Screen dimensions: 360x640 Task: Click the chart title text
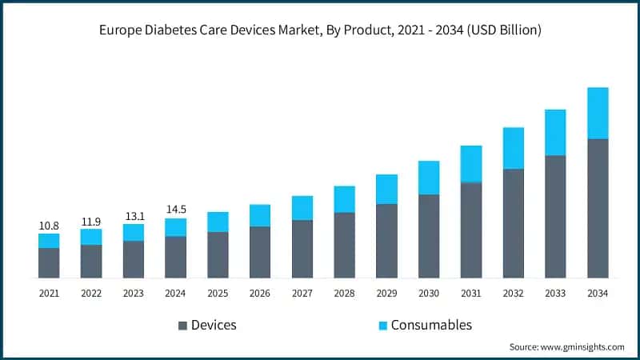pos(320,30)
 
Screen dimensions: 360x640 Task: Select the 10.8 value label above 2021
pos(49,226)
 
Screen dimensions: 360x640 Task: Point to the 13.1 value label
pos(134,217)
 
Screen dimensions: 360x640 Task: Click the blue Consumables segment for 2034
pos(598,113)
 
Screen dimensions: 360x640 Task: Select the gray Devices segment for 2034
pos(598,208)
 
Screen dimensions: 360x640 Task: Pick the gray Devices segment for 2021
pos(49,263)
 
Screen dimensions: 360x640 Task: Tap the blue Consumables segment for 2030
pos(429,178)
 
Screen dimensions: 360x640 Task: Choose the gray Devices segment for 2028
pos(345,245)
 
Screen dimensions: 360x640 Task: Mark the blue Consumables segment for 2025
pos(218,222)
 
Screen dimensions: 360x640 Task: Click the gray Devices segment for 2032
pos(514,223)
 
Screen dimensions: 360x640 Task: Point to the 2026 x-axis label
pos(260,294)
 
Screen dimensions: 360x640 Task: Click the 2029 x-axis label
pos(386,294)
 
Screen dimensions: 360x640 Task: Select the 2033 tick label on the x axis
pos(555,294)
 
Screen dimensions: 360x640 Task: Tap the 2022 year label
pos(91,294)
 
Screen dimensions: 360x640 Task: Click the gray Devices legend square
pos(182,326)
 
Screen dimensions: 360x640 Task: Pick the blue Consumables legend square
pos(382,326)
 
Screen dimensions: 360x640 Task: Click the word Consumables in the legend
pos(431,325)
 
